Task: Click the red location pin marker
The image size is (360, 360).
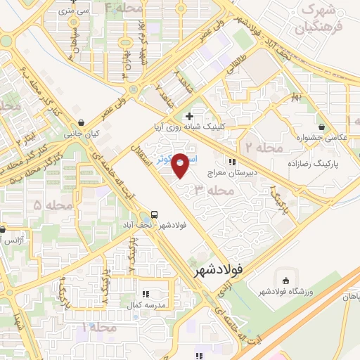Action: tap(180, 165)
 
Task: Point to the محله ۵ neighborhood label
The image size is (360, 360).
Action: tap(47, 205)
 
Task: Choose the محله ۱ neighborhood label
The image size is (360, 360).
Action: tap(97, 328)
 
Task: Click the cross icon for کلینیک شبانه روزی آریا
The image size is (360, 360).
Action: tap(188, 116)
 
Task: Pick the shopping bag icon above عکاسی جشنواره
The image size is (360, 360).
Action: tap(321, 127)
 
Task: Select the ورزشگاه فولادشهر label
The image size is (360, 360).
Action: tap(284, 292)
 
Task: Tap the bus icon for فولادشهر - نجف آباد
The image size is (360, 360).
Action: tap(154, 214)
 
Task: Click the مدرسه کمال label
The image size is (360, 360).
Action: tap(146, 304)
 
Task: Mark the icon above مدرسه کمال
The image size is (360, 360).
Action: tap(146, 294)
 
